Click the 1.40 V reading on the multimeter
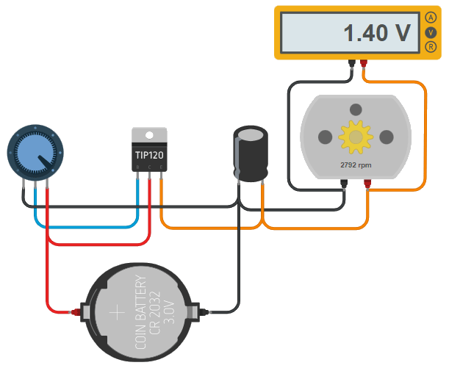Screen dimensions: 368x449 pyautogui.click(x=376, y=33)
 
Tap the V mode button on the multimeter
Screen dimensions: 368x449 pyautogui.click(x=430, y=33)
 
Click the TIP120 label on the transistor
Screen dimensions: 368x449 pyautogui.click(x=149, y=156)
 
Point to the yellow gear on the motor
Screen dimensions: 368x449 pyautogui.click(x=356, y=137)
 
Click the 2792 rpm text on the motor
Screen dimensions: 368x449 pyautogui.click(x=356, y=165)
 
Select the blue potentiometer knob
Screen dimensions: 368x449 pyautogui.click(x=35, y=153)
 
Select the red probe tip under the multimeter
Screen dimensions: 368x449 pyautogui.click(x=364, y=64)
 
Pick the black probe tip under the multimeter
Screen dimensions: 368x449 pyautogui.click(x=351, y=64)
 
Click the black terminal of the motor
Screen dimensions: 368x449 pyautogui.click(x=344, y=185)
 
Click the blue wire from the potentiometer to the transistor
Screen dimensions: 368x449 pyautogui.click(x=88, y=227)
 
